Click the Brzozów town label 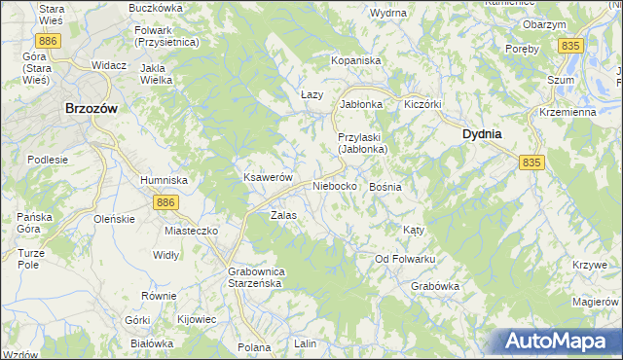[91, 110]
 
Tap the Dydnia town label [482, 135]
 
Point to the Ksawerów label [268, 178]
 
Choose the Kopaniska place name [355, 60]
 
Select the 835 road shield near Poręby [571, 46]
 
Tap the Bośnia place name [385, 186]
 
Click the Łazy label [311, 94]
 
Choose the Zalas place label [283, 215]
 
